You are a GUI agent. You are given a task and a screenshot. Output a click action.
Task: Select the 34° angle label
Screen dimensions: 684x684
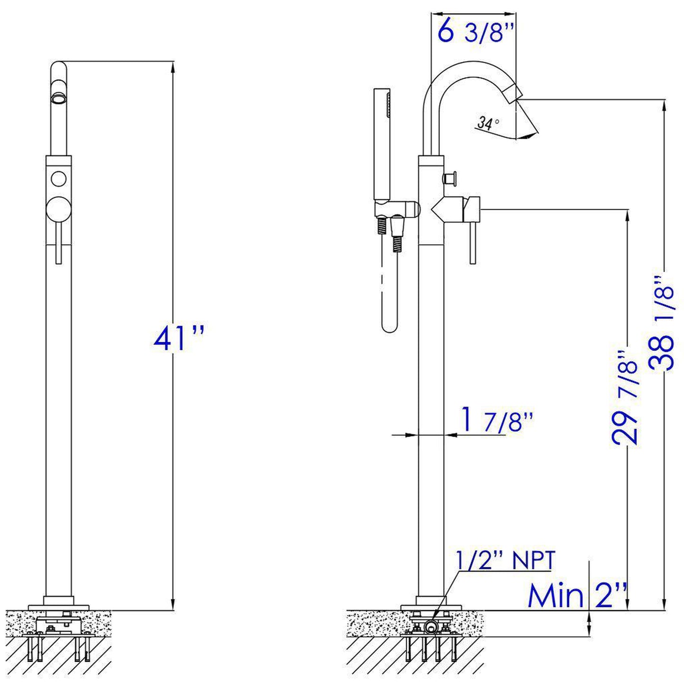pos(488,124)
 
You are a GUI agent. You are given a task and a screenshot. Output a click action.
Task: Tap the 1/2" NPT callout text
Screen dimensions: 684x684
pos(505,561)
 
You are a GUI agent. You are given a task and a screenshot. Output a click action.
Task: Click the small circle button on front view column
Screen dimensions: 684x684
pos(59,179)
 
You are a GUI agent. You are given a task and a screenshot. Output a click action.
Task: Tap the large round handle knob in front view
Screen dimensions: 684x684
pos(59,208)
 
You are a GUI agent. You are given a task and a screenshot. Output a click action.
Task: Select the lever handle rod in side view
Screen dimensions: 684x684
pos(472,242)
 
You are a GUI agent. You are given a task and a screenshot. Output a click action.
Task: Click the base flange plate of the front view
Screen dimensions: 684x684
pos(59,606)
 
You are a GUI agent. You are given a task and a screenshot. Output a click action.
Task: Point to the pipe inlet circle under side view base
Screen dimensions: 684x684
pos(430,627)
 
